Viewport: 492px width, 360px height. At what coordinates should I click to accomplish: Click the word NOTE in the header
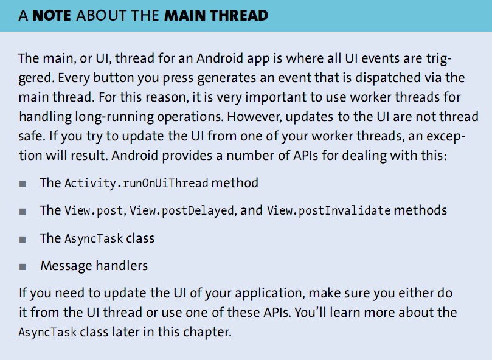pyautogui.click(x=52, y=15)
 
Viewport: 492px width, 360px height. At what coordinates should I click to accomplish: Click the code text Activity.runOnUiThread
pyautogui.click(x=136, y=183)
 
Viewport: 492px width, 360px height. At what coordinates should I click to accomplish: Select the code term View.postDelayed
pyautogui.click(x=182, y=210)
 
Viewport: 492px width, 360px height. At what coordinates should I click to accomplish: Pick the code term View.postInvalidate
pyautogui.click(x=329, y=210)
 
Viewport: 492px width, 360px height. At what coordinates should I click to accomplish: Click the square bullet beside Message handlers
pyautogui.click(x=23, y=267)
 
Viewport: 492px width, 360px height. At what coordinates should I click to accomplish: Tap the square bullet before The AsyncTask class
pyautogui.click(x=23, y=240)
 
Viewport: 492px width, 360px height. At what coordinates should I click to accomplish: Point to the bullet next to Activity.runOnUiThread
pyautogui.click(x=23, y=184)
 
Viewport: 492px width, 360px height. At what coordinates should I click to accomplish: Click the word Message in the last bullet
pyautogui.click(x=66, y=266)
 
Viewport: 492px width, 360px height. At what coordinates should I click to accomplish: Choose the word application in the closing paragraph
pyautogui.click(x=270, y=294)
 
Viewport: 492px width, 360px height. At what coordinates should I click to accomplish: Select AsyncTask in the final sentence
pyautogui.click(x=47, y=333)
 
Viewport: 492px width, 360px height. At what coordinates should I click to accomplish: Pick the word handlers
pyautogui.click(x=122, y=266)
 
